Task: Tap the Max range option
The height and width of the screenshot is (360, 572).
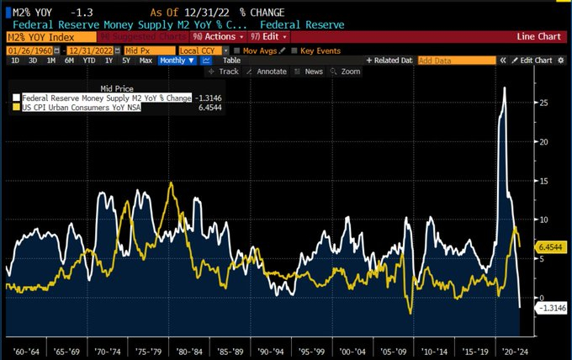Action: [146, 61]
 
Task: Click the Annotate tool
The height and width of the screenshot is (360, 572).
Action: [267, 72]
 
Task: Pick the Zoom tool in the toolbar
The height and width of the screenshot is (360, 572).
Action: [347, 72]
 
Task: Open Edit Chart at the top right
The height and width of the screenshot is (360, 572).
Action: [535, 61]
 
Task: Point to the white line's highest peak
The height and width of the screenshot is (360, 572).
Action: [504, 87]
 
